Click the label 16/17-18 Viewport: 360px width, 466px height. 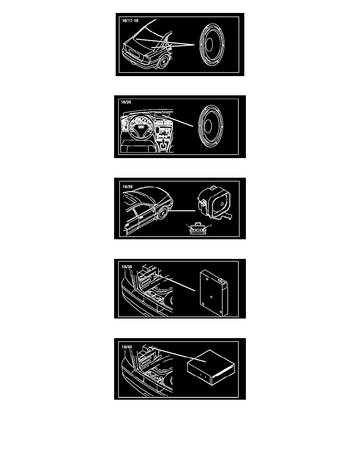[130, 21]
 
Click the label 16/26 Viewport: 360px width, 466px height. [126, 102]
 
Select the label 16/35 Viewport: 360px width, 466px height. [127, 187]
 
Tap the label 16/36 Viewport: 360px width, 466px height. [127, 267]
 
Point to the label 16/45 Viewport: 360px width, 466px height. [127, 347]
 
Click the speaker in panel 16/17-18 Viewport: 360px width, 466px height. [211, 45]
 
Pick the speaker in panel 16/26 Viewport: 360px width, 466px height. [210, 126]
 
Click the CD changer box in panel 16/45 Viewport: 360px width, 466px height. [211, 367]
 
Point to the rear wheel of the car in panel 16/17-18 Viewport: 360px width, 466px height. [164, 62]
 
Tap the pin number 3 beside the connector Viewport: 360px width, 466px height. [211, 225]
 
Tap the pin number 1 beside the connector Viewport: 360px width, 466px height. [187, 225]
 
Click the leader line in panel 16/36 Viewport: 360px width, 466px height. [175, 283]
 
